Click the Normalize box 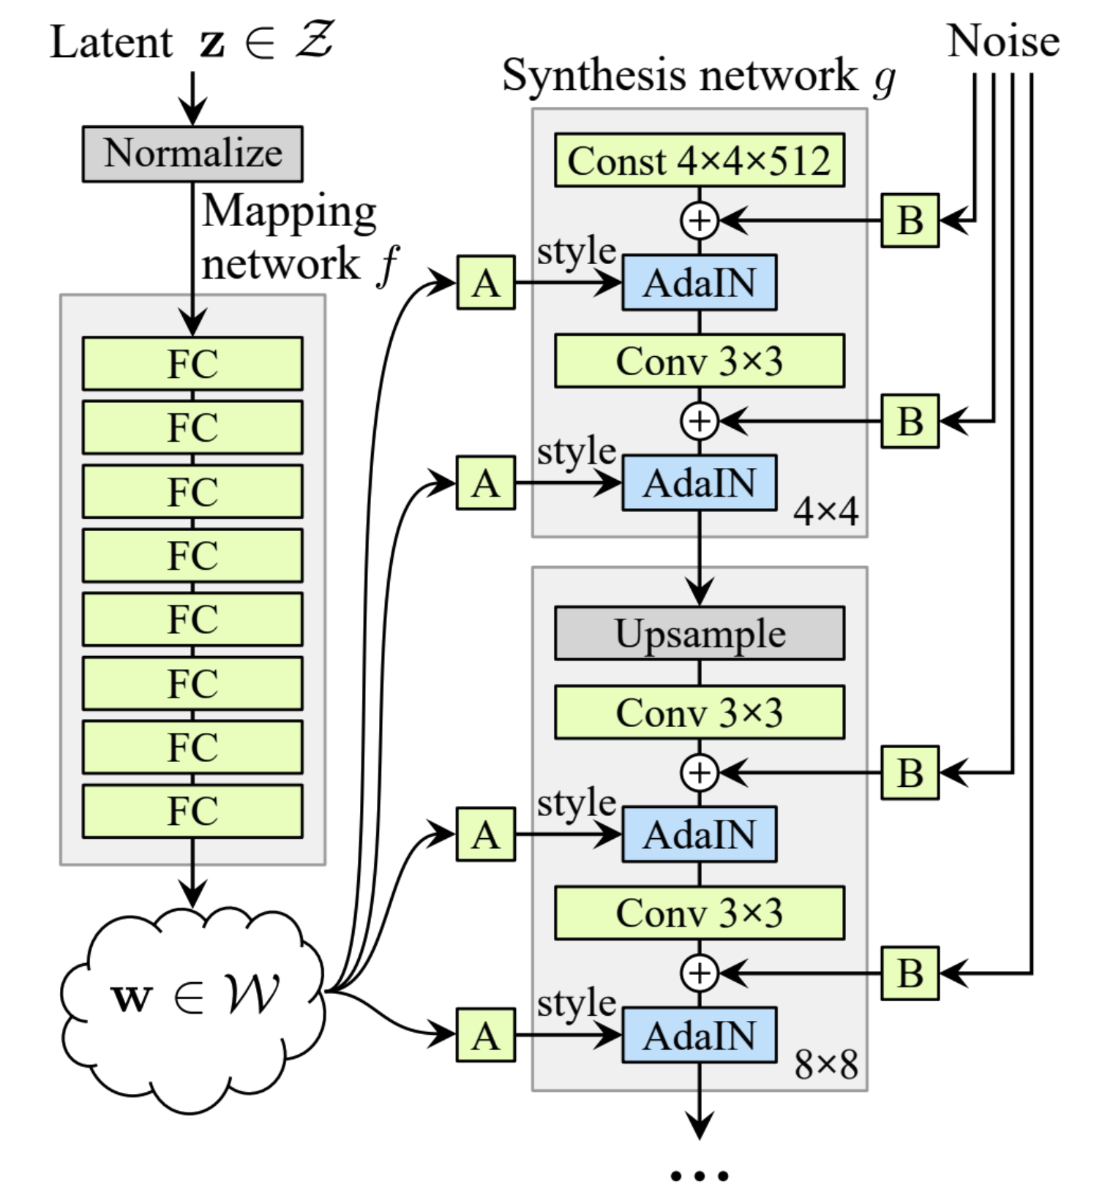coord(192,154)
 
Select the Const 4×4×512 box coord(700,160)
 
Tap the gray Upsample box coord(700,633)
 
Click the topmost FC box coord(192,363)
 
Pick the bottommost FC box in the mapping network coord(192,811)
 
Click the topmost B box coord(910,220)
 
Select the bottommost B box coord(910,973)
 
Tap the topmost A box coord(486,282)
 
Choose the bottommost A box coord(486,1035)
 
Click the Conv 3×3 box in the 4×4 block coord(700,361)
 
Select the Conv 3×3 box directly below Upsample coord(700,712)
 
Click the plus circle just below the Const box coord(700,220)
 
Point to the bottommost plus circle coord(700,973)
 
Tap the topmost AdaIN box coord(700,282)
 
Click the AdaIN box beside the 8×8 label coord(700,1035)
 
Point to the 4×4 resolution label coord(826,511)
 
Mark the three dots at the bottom coord(700,1176)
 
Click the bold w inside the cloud coord(132,998)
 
